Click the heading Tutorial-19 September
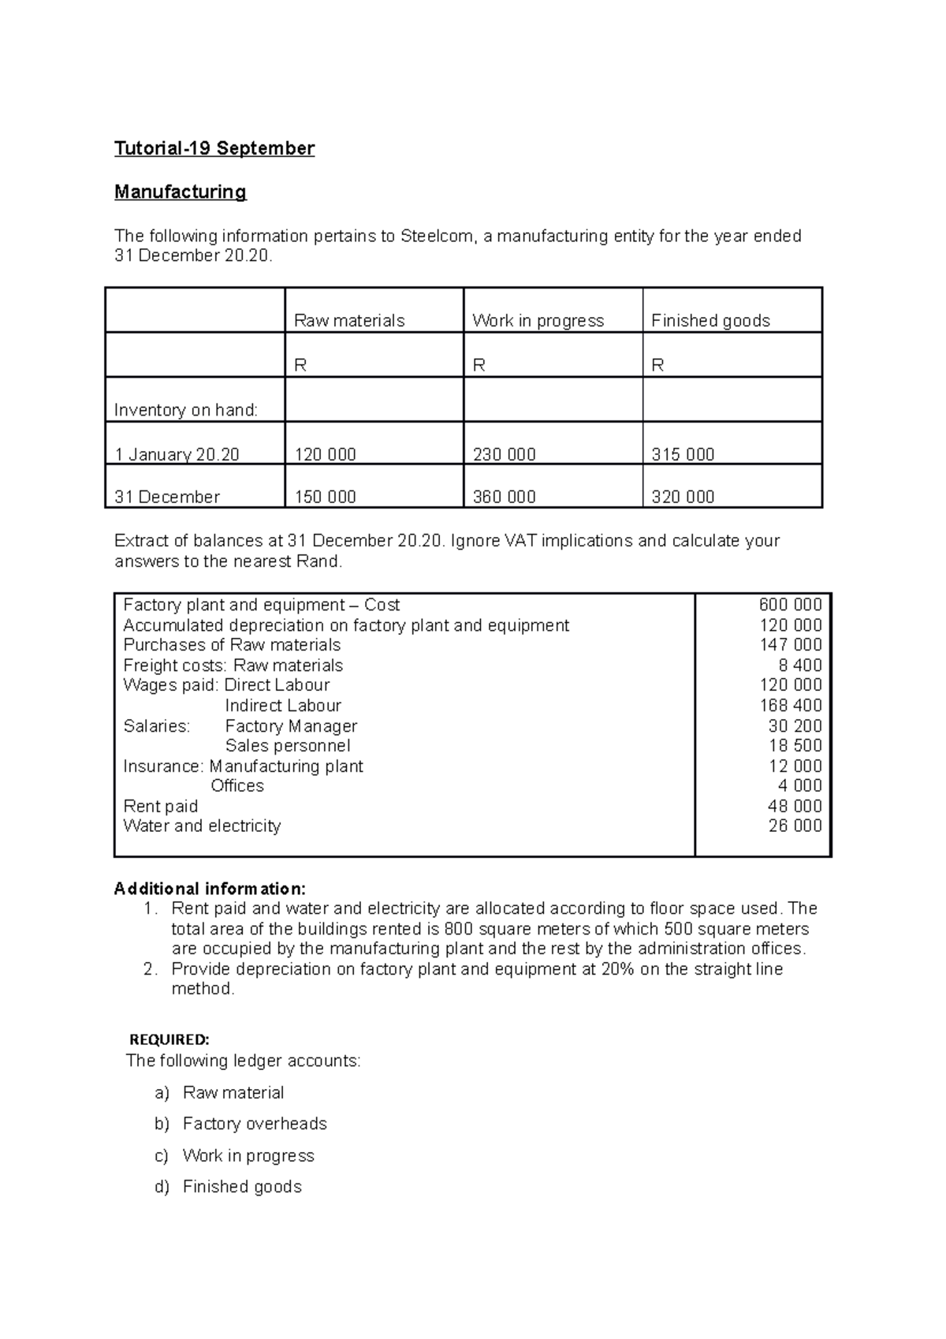(x=214, y=148)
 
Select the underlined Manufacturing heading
(x=180, y=192)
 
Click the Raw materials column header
(x=348, y=320)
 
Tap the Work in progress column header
(x=538, y=320)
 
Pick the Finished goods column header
(x=709, y=320)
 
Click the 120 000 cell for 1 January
(x=325, y=455)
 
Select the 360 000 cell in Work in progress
(x=504, y=497)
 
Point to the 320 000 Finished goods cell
(x=683, y=497)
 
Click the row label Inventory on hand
(x=186, y=410)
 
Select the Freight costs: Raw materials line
(x=233, y=666)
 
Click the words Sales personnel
(x=287, y=746)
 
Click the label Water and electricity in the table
(x=202, y=826)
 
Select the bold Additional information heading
(x=210, y=890)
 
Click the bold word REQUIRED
(x=169, y=1039)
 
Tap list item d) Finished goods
(x=241, y=1187)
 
